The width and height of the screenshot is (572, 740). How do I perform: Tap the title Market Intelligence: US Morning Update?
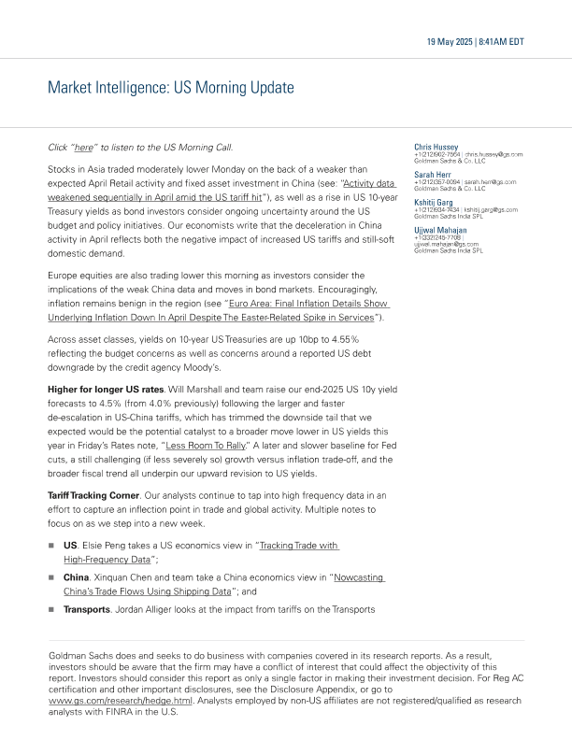click(171, 88)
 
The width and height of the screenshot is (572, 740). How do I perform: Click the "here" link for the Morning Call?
click(84, 148)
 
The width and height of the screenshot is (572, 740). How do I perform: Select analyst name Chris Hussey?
click(436, 147)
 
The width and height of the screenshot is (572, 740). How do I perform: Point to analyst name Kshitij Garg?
click(434, 203)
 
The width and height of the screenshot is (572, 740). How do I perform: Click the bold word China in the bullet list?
click(76, 578)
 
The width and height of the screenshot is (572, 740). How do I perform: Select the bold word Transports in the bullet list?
click(87, 610)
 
